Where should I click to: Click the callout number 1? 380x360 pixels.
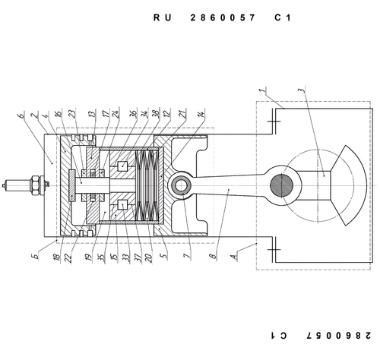[x=263, y=91]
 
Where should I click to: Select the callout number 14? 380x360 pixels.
[x=201, y=114]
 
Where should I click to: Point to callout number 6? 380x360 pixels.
[x=21, y=115]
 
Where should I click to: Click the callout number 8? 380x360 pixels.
[x=214, y=255]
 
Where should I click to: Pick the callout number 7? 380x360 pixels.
[x=187, y=255]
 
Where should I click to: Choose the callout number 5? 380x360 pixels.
[x=164, y=255]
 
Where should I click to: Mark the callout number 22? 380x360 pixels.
[x=68, y=258]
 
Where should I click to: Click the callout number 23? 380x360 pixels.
[x=73, y=114]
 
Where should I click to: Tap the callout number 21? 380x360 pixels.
[x=183, y=113]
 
